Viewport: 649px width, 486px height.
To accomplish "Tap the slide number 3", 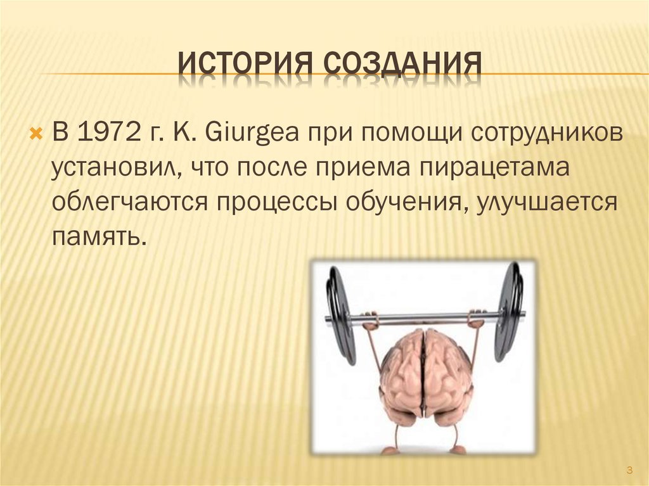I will coord(629,470).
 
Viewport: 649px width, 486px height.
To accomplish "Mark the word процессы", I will coord(278,203).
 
